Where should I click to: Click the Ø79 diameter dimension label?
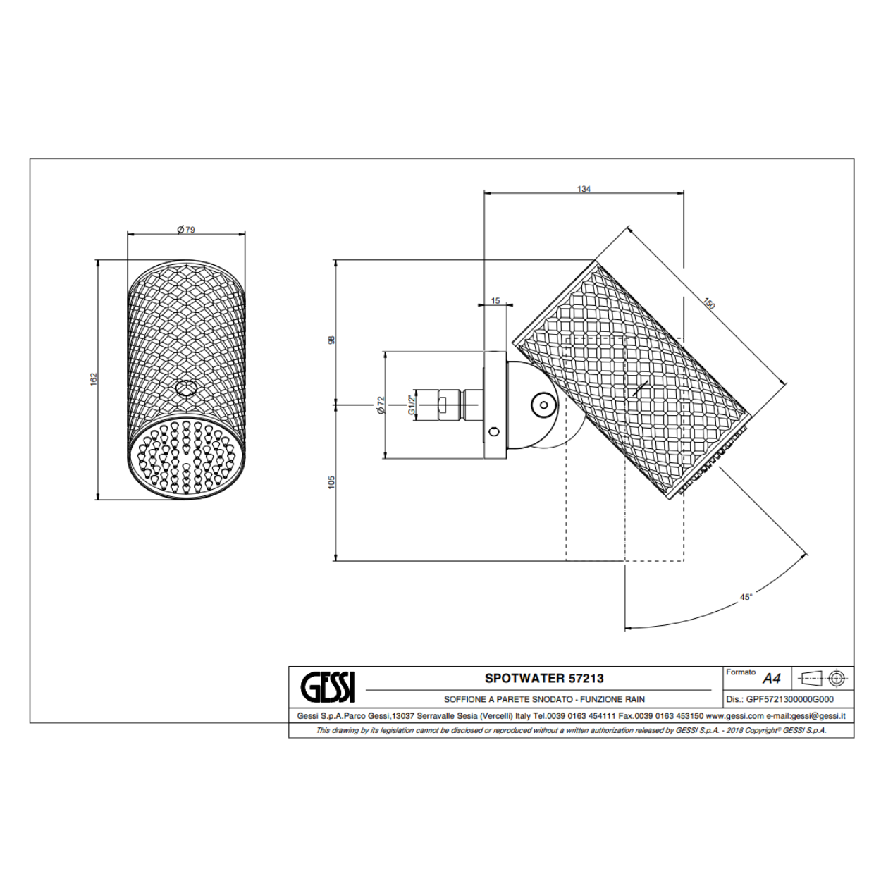tap(186, 229)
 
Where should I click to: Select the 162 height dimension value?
tap(94, 379)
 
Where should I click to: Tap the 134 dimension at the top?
tap(584, 189)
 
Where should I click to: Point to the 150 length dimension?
tap(708, 304)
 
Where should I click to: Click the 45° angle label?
tap(746, 597)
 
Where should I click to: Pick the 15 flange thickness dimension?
tap(495, 300)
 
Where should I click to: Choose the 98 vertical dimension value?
tap(331, 340)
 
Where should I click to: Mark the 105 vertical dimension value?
tap(331, 482)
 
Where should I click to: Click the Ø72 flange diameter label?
tap(381, 405)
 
